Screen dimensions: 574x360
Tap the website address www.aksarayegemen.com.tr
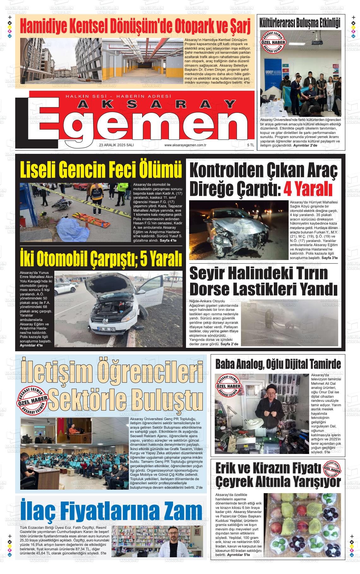click(x=185, y=145)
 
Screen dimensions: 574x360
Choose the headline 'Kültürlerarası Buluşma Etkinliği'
click(x=300, y=23)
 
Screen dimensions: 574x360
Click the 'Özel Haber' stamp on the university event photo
click(x=273, y=42)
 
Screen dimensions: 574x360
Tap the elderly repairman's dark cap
click(x=271, y=388)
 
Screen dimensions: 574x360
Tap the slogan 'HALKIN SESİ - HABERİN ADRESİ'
click(x=118, y=96)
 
